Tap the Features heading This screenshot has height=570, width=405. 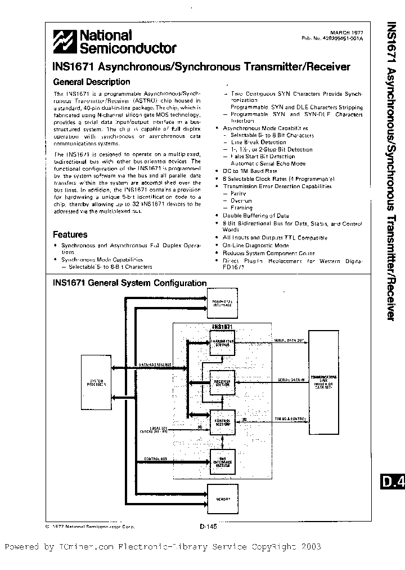click(x=70, y=234)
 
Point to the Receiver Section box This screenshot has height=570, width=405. click(x=223, y=383)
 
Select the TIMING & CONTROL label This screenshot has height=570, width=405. click(x=290, y=418)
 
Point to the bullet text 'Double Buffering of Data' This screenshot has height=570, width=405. click(x=256, y=216)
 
